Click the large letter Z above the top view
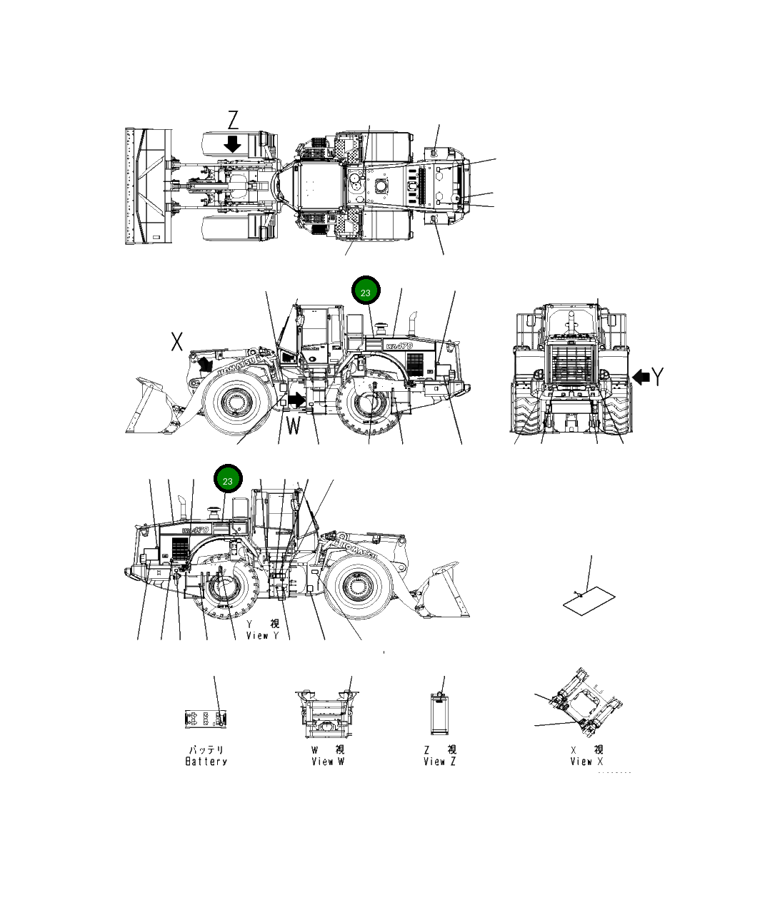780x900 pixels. (233, 120)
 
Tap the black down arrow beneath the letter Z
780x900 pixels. (232, 143)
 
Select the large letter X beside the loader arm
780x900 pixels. (177, 343)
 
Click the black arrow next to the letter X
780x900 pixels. (206, 364)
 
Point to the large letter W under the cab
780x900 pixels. (294, 426)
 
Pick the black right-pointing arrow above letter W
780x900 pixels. (296, 401)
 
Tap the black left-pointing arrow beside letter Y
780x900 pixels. (641, 376)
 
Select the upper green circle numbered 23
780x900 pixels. (366, 292)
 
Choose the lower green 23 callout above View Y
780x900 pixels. (228, 480)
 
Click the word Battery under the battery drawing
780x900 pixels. (206, 762)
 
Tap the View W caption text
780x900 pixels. (328, 762)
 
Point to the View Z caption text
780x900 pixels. (439, 762)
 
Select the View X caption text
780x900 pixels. (586, 762)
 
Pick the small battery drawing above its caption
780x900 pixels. (206, 719)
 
